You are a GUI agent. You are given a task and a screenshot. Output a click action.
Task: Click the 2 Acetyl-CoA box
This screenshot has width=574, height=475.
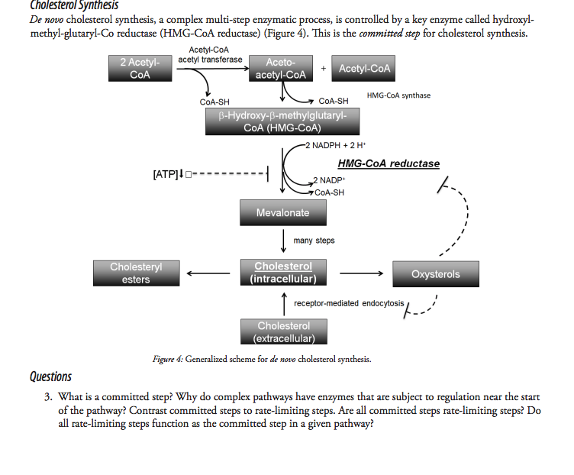click(140, 69)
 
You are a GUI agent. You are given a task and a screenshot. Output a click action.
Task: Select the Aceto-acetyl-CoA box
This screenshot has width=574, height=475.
click(281, 69)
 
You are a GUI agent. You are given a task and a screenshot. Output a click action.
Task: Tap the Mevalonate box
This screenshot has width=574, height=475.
click(283, 212)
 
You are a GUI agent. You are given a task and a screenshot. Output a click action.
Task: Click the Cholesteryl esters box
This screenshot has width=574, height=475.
click(136, 273)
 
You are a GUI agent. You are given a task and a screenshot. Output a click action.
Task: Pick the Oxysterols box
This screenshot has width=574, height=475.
click(436, 274)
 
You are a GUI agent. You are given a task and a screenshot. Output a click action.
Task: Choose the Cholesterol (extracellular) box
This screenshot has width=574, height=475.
click(284, 331)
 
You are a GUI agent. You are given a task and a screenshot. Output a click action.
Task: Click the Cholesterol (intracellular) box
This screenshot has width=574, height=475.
click(283, 273)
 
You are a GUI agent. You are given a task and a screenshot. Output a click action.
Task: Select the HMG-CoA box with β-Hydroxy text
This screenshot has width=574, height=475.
click(282, 121)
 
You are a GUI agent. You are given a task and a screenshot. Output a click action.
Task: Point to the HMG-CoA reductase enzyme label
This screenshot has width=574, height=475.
click(389, 163)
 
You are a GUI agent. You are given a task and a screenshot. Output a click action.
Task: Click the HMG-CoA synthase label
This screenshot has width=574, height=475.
click(398, 95)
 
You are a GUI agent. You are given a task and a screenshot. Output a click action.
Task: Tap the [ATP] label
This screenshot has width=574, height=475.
click(166, 174)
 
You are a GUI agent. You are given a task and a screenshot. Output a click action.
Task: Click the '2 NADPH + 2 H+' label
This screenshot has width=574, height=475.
click(336, 145)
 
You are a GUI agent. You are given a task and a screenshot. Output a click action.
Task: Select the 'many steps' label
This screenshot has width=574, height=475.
click(314, 241)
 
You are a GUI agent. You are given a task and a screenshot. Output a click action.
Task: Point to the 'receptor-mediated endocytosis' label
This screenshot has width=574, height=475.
click(349, 303)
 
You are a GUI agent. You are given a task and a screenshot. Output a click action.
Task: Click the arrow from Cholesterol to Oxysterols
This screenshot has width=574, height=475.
click(361, 273)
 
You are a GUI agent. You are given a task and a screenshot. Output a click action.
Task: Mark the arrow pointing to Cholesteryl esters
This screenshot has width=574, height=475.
click(208, 273)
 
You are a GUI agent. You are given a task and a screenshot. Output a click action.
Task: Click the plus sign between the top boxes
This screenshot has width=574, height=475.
click(323, 69)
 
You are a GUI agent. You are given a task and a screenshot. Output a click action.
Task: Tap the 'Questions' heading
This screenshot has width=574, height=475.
click(50, 376)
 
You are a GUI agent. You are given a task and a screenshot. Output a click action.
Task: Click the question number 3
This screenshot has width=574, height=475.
click(48, 397)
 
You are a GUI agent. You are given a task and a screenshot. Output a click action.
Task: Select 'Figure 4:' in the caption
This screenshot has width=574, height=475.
click(168, 359)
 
